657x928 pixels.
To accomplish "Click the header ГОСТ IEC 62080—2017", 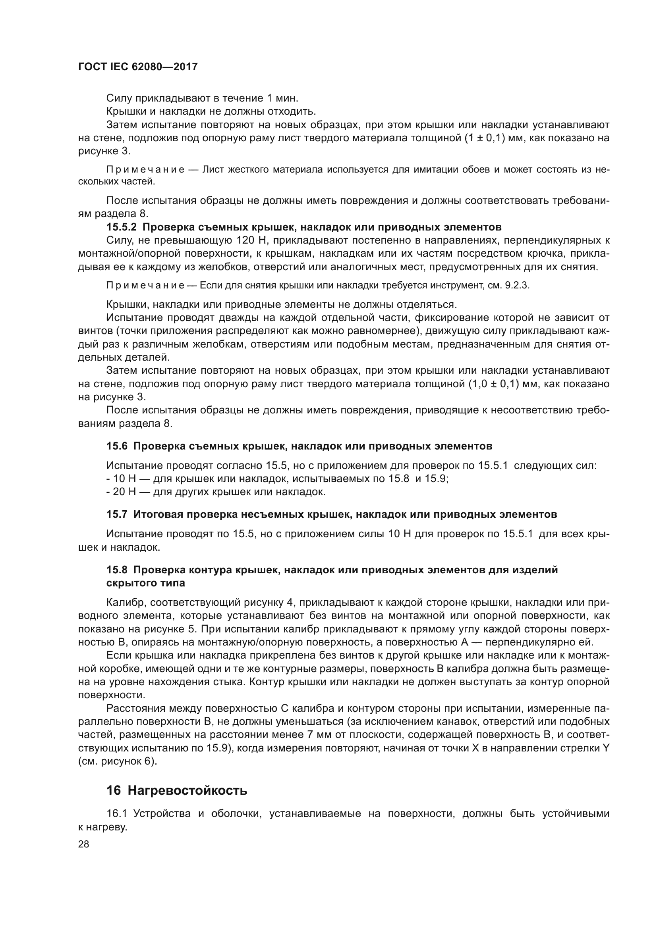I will [x=137, y=67].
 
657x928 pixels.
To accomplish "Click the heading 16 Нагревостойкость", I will [x=177, y=791].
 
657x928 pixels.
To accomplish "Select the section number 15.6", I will [x=117, y=446].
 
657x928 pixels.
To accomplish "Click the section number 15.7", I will [x=117, y=515].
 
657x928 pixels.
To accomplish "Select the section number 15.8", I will [x=117, y=570].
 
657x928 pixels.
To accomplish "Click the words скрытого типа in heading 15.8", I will [x=146, y=583].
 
